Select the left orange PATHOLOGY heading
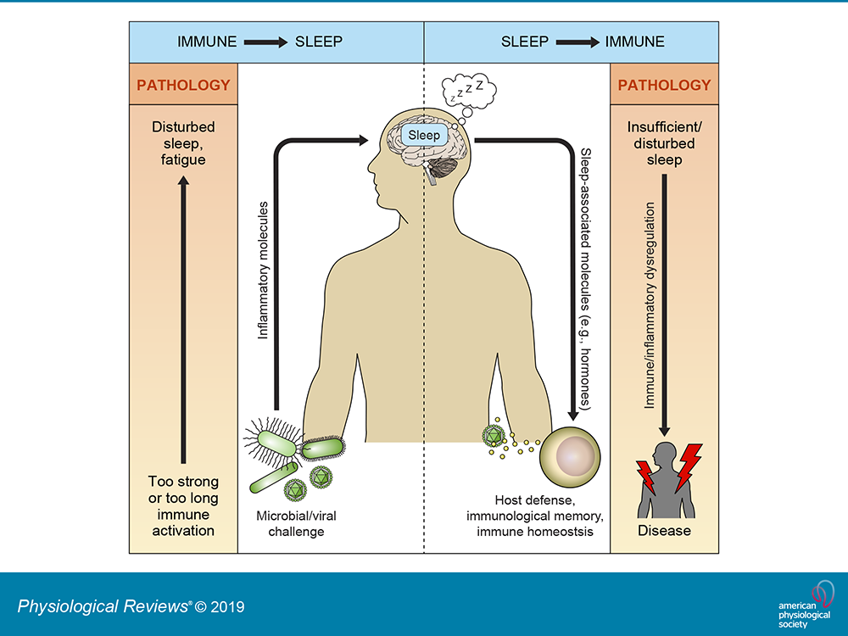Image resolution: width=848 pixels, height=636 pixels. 184,85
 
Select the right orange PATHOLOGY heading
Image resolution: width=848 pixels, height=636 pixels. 664,85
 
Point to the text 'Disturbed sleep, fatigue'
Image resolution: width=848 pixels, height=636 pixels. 184,142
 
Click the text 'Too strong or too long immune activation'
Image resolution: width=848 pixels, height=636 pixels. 184,506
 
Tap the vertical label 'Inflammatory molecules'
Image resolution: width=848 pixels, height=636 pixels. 263,271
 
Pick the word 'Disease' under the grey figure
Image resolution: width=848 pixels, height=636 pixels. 664,531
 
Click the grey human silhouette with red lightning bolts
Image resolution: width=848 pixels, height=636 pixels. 668,479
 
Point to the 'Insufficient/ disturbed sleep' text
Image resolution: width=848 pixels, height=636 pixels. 664,142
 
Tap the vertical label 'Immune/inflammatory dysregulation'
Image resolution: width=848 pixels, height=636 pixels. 649,305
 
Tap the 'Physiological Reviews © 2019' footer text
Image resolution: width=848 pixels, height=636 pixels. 131,606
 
